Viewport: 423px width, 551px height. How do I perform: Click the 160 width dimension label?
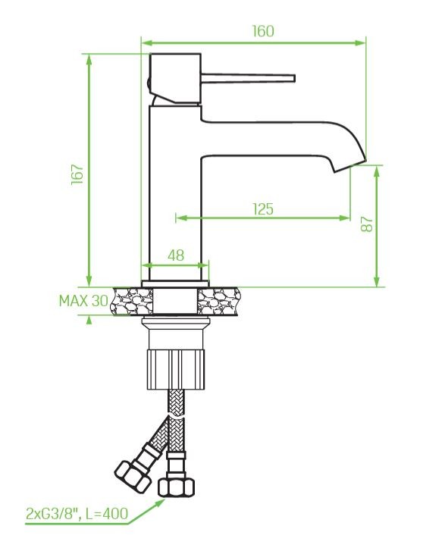click(263, 31)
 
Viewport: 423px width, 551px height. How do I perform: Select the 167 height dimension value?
click(77, 174)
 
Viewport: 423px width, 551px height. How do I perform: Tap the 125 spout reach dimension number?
click(263, 209)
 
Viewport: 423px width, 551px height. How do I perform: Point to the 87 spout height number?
click(367, 224)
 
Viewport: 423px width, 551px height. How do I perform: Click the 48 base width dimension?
click(176, 255)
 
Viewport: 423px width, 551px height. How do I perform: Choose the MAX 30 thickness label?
click(83, 301)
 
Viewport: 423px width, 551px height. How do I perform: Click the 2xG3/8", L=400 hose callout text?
click(77, 514)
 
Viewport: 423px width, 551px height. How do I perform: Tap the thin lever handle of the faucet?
click(248, 78)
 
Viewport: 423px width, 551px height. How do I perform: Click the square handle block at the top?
click(175, 79)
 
